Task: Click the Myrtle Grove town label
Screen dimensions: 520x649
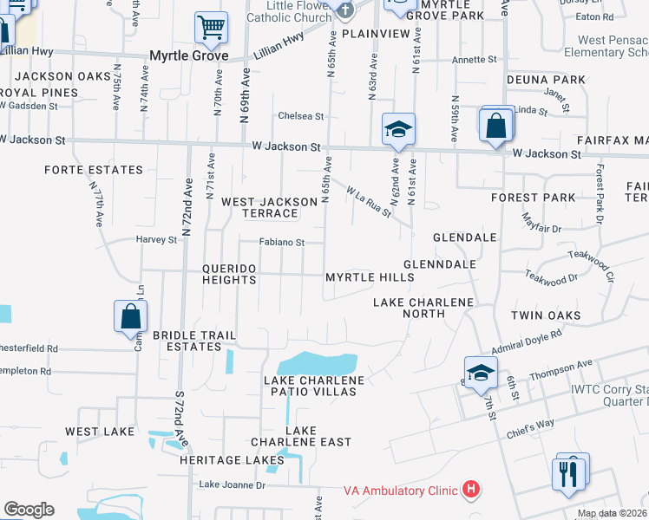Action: [188, 55]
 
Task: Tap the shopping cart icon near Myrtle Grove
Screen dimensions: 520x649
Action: [210, 27]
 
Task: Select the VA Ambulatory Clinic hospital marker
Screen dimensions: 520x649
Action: [470, 490]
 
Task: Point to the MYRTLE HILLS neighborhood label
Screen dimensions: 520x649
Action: [370, 277]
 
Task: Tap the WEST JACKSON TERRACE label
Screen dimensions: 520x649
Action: [270, 207]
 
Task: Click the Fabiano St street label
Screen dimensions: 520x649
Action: [282, 244]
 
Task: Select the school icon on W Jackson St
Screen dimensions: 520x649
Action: [398, 129]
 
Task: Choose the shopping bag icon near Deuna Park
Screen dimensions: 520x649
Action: [495, 126]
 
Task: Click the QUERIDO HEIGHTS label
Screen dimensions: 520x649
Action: [229, 274]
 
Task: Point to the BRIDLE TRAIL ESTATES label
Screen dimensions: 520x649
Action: [187, 340]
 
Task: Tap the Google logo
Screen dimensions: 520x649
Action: [29, 510]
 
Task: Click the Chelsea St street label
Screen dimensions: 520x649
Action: [300, 116]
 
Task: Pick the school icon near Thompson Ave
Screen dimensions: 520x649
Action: [480, 373]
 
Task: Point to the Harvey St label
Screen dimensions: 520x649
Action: [156, 239]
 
